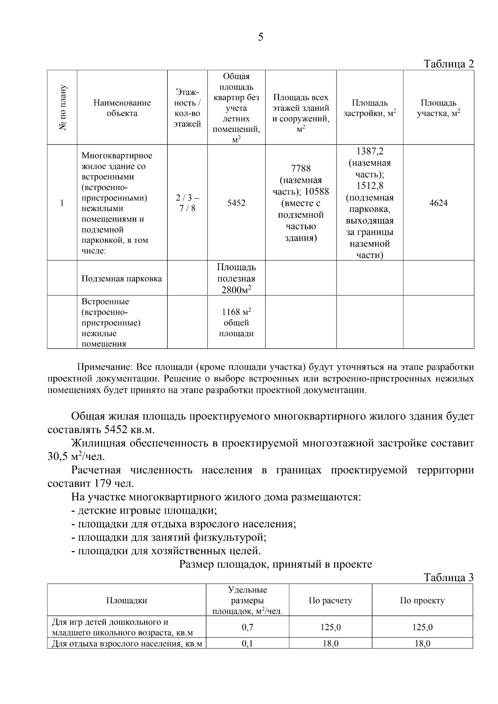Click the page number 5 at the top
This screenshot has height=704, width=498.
pos(260,37)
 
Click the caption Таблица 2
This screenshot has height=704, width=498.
pos(448,64)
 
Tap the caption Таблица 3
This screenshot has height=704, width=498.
pos(448,577)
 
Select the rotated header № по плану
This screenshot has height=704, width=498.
pos(62,107)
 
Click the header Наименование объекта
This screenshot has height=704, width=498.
pos(122,108)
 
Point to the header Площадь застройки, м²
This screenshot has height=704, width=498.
pos(369,108)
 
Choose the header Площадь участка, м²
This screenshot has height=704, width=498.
pos(438,108)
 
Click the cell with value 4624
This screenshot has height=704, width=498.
pos(438,203)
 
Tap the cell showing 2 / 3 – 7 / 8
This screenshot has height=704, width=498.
pos(187,203)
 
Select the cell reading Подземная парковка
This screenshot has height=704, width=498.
pos(122,279)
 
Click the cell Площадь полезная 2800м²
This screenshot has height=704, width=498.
pos(236,278)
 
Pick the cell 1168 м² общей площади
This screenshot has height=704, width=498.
pos(236,322)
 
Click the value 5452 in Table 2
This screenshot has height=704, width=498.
pos(236,203)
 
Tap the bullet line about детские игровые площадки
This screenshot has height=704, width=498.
pos(147,511)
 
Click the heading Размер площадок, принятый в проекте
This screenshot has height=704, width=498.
pos(276,564)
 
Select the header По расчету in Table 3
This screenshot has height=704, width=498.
pos(330,600)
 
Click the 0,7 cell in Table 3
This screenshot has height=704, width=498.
pos(247,627)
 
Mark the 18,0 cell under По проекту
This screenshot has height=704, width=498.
pos(422,644)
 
